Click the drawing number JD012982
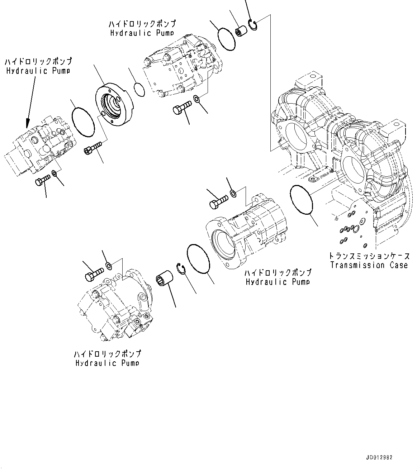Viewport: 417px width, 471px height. pos(379,457)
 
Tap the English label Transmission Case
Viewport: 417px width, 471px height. pos(369,265)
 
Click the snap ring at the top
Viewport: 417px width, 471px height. pos(253,26)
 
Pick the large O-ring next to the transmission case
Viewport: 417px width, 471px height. pos(302,200)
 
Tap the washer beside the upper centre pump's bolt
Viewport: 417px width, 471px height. pos(196,99)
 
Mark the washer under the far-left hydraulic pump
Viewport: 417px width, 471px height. pos(55,173)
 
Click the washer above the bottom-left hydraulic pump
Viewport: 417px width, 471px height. pos(108,266)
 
